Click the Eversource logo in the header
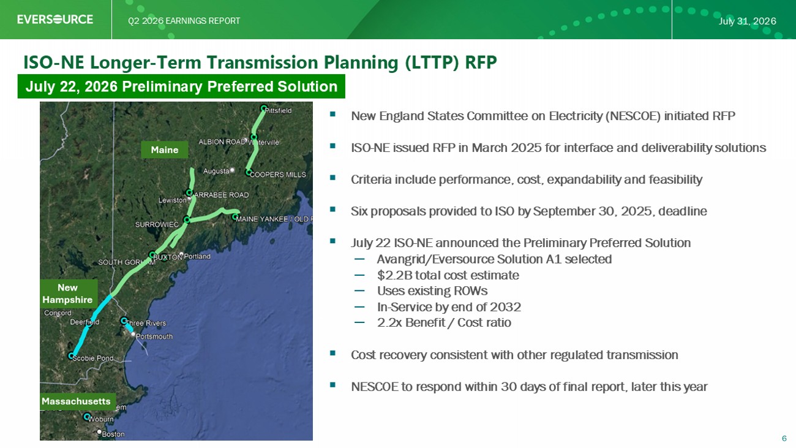pyautogui.click(x=55, y=19)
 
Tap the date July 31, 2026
pyautogui.click(x=747, y=21)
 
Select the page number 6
pyautogui.click(x=784, y=438)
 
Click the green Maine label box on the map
pyautogui.click(x=165, y=150)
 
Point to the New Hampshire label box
pyautogui.click(x=67, y=294)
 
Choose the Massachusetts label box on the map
pyautogui.click(x=76, y=401)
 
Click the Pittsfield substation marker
pyautogui.click(x=263, y=108)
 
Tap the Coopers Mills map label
pyautogui.click(x=278, y=175)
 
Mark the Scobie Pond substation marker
pyautogui.click(x=72, y=355)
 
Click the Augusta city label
pyautogui.click(x=216, y=171)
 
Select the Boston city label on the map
pyautogui.click(x=113, y=434)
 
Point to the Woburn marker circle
pyautogui.click(x=86, y=416)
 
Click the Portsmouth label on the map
pyautogui.click(x=154, y=336)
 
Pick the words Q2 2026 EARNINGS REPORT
pyautogui.click(x=184, y=21)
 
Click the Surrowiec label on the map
pyautogui.click(x=157, y=225)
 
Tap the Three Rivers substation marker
pyautogui.click(x=124, y=321)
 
